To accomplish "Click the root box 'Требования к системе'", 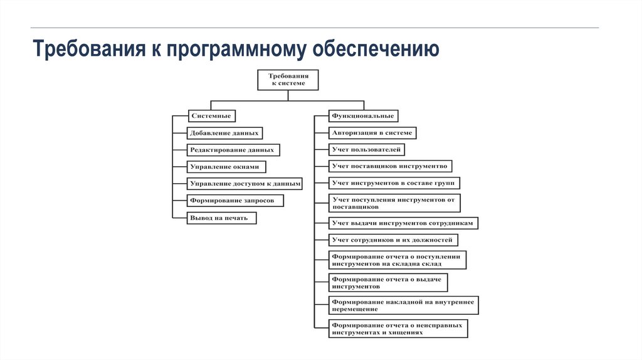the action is pos(288,80).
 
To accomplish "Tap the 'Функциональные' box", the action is pos(363,116).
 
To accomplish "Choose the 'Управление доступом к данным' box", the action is pos(245,184).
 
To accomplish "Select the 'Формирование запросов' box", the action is pos(235,201).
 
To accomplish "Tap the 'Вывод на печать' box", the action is pos(221,218).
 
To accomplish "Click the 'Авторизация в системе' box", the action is pos(372,133).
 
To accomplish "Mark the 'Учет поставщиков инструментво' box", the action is pos(390,167).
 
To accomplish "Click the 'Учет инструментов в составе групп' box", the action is pos(394,183).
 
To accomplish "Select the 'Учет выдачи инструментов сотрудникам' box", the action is pos(404,223).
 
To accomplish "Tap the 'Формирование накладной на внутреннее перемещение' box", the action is pos(404,305).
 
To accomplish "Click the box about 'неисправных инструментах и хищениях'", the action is pos(398,329).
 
